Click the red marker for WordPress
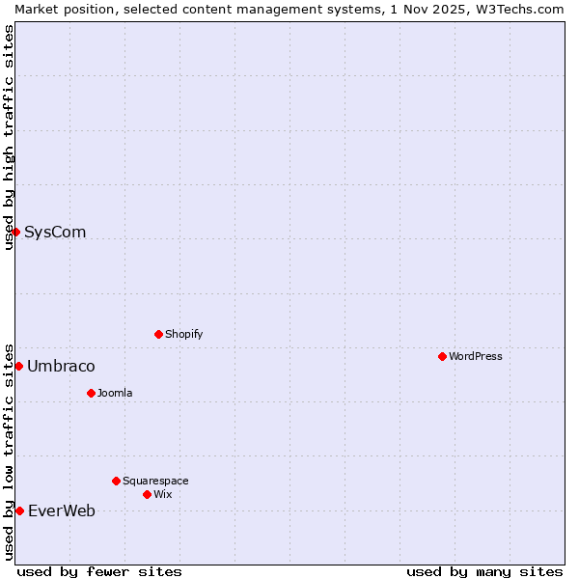point(442,356)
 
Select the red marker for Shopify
point(158,334)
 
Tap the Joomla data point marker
point(91,393)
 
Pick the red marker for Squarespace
point(116,481)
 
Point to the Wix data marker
point(147,494)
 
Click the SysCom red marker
point(15,232)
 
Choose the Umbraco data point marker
point(18,366)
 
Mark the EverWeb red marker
point(19,510)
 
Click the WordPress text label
point(476,356)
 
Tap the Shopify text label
point(183,334)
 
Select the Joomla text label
point(115,393)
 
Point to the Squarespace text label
point(155,481)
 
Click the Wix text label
point(162,494)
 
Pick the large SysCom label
point(55,232)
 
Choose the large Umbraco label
point(61,366)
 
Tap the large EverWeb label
point(62,510)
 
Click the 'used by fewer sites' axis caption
point(99,571)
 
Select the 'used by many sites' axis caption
point(484,571)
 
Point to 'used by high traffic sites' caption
point(9,137)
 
